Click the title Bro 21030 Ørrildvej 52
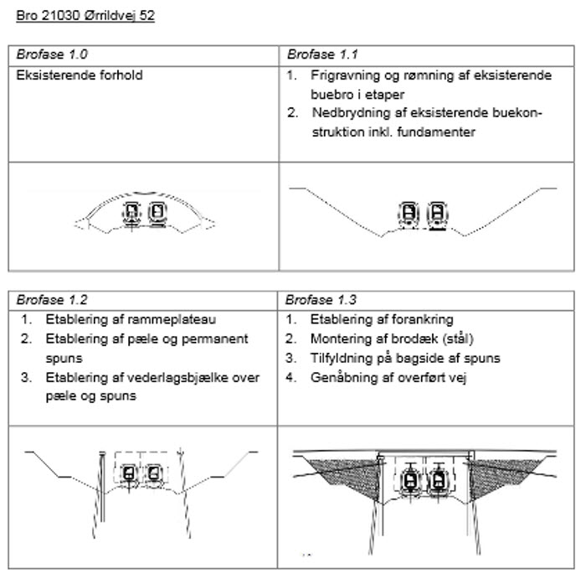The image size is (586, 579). tap(85, 16)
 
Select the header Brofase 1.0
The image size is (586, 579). tap(52, 54)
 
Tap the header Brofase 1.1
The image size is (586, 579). tap(322, 54)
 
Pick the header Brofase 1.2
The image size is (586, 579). tap(52, 300)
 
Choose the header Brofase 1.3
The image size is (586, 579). tap(321, 300)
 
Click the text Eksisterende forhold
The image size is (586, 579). tap(80, 75)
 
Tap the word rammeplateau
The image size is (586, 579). tap(172, 320)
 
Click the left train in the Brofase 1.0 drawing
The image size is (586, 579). tap(131, 214)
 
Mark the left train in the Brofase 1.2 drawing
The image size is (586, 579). tap(129, 474)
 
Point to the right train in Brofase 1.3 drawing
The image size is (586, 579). tap(439, 481)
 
